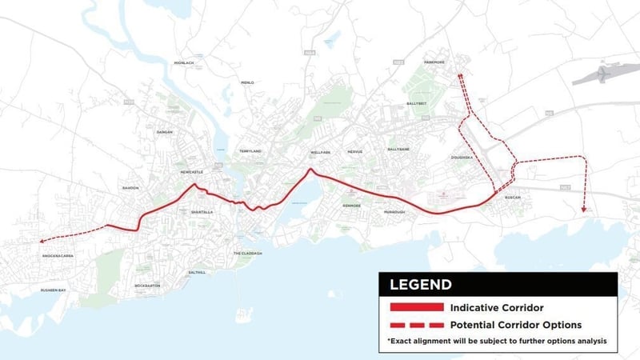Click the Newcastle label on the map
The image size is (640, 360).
click(x=192, y=172)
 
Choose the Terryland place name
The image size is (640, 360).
click(x=250, y=151)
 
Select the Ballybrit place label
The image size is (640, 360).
click(x=417, y=103)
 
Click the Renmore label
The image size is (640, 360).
click(x=352, y=206)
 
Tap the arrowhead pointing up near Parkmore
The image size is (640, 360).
click(x=460, y=75)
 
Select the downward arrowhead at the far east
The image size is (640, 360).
click(x=585, y=210)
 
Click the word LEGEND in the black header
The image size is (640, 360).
click(x=420, y=284)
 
